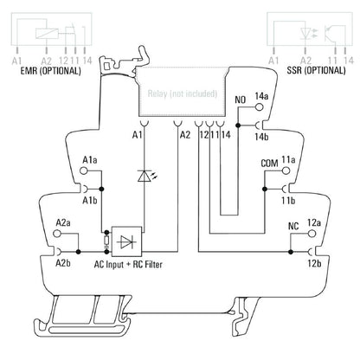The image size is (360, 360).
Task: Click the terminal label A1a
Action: [89, 161]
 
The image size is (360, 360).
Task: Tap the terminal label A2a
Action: [62, 222]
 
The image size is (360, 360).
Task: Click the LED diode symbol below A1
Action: [142, 176]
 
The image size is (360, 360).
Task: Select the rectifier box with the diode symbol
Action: [129, 240]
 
